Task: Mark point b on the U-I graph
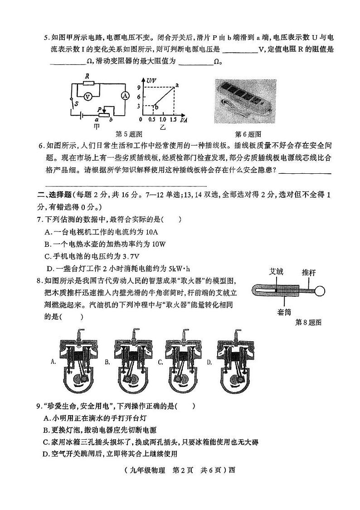156,107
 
